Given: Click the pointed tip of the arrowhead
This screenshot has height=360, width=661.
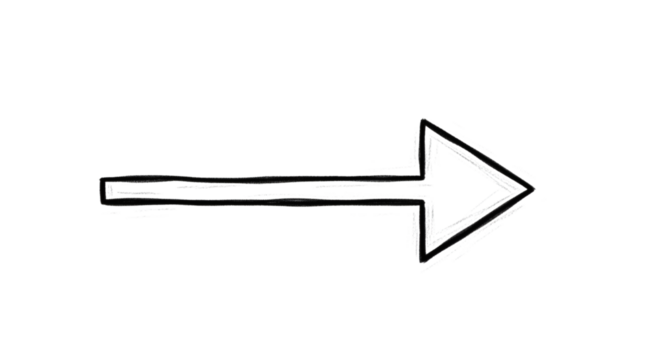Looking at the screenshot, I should click(533, 187).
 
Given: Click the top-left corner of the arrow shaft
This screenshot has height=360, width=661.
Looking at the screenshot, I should click(102, 178).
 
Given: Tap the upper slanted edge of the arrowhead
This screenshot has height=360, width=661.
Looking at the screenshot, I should click(478, 153).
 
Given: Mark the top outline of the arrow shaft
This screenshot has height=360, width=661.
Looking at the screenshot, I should click(260, 178).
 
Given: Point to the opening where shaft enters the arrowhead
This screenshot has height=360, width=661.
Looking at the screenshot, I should click(425, 188).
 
